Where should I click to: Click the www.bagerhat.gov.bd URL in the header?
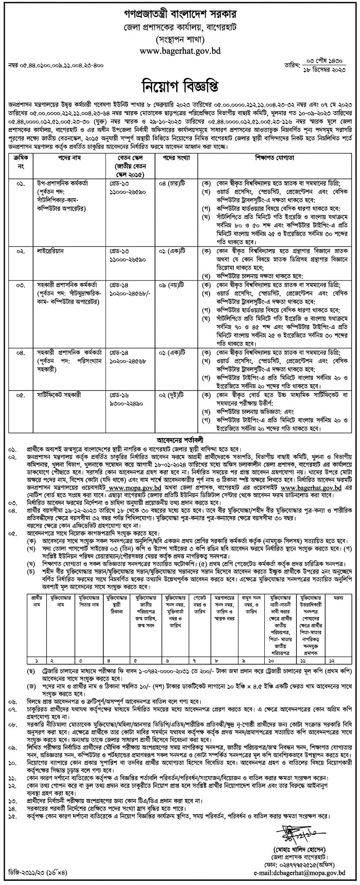[180, 50]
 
